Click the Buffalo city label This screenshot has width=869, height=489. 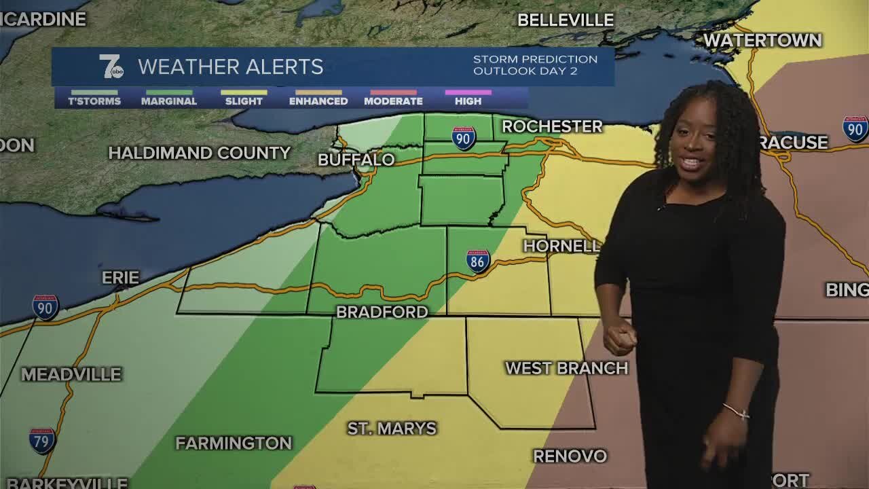point(356,160)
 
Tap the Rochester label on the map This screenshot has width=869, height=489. point(552,126)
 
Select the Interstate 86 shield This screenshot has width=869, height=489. point(478,261)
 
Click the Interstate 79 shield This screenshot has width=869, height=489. point(42,441)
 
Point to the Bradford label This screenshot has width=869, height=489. point(382,312)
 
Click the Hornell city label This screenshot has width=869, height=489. point(561,246)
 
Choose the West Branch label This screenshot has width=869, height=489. point(566,368)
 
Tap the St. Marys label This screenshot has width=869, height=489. point(392,429)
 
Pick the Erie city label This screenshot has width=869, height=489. point(120,278)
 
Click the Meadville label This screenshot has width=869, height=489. point(71,374)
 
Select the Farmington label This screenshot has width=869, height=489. point(234,443)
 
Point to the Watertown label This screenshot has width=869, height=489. point(762,41)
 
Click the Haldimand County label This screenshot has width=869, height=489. point(200,153)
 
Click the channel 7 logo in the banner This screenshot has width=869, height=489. point(111,67)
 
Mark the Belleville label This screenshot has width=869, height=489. point(566,20)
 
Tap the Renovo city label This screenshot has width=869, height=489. point(570,456)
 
